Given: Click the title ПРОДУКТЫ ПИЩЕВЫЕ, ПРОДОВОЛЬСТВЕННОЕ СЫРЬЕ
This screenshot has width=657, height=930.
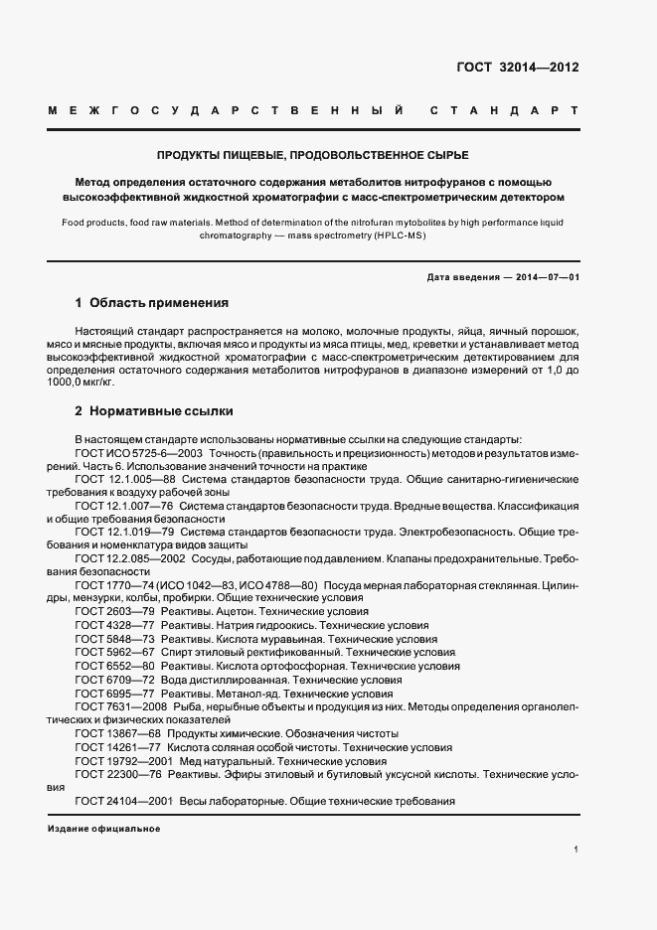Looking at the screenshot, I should coord(312,156).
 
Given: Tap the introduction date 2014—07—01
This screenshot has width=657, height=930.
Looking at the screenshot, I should coord(545,275).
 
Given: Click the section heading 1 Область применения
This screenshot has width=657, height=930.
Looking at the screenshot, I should coord(152,302).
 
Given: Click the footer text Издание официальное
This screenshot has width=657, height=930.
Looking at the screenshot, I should coord(103,828).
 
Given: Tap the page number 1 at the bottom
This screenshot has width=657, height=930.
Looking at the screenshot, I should coord(575,850).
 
